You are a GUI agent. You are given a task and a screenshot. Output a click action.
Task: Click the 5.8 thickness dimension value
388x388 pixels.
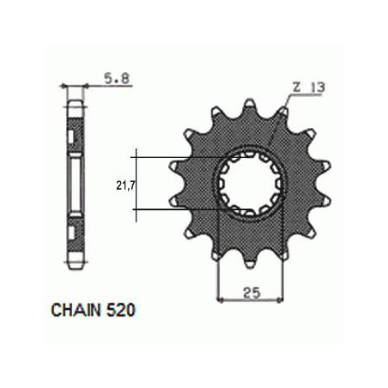click(117, 78)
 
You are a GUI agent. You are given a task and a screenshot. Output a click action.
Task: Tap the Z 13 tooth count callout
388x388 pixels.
click(309, 87)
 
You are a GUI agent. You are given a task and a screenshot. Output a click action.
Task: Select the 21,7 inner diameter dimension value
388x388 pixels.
click(125, 185)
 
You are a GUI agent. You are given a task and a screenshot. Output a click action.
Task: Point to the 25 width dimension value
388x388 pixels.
click(252, 293)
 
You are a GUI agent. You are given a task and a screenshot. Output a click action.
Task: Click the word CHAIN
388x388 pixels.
click(76, 310)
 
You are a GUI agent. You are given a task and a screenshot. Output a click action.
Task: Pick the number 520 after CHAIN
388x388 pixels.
click(120, 310)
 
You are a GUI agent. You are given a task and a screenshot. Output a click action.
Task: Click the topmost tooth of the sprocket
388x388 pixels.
click(250, 106)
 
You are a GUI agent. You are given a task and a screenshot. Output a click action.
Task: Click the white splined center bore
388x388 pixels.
click(250, 184)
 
